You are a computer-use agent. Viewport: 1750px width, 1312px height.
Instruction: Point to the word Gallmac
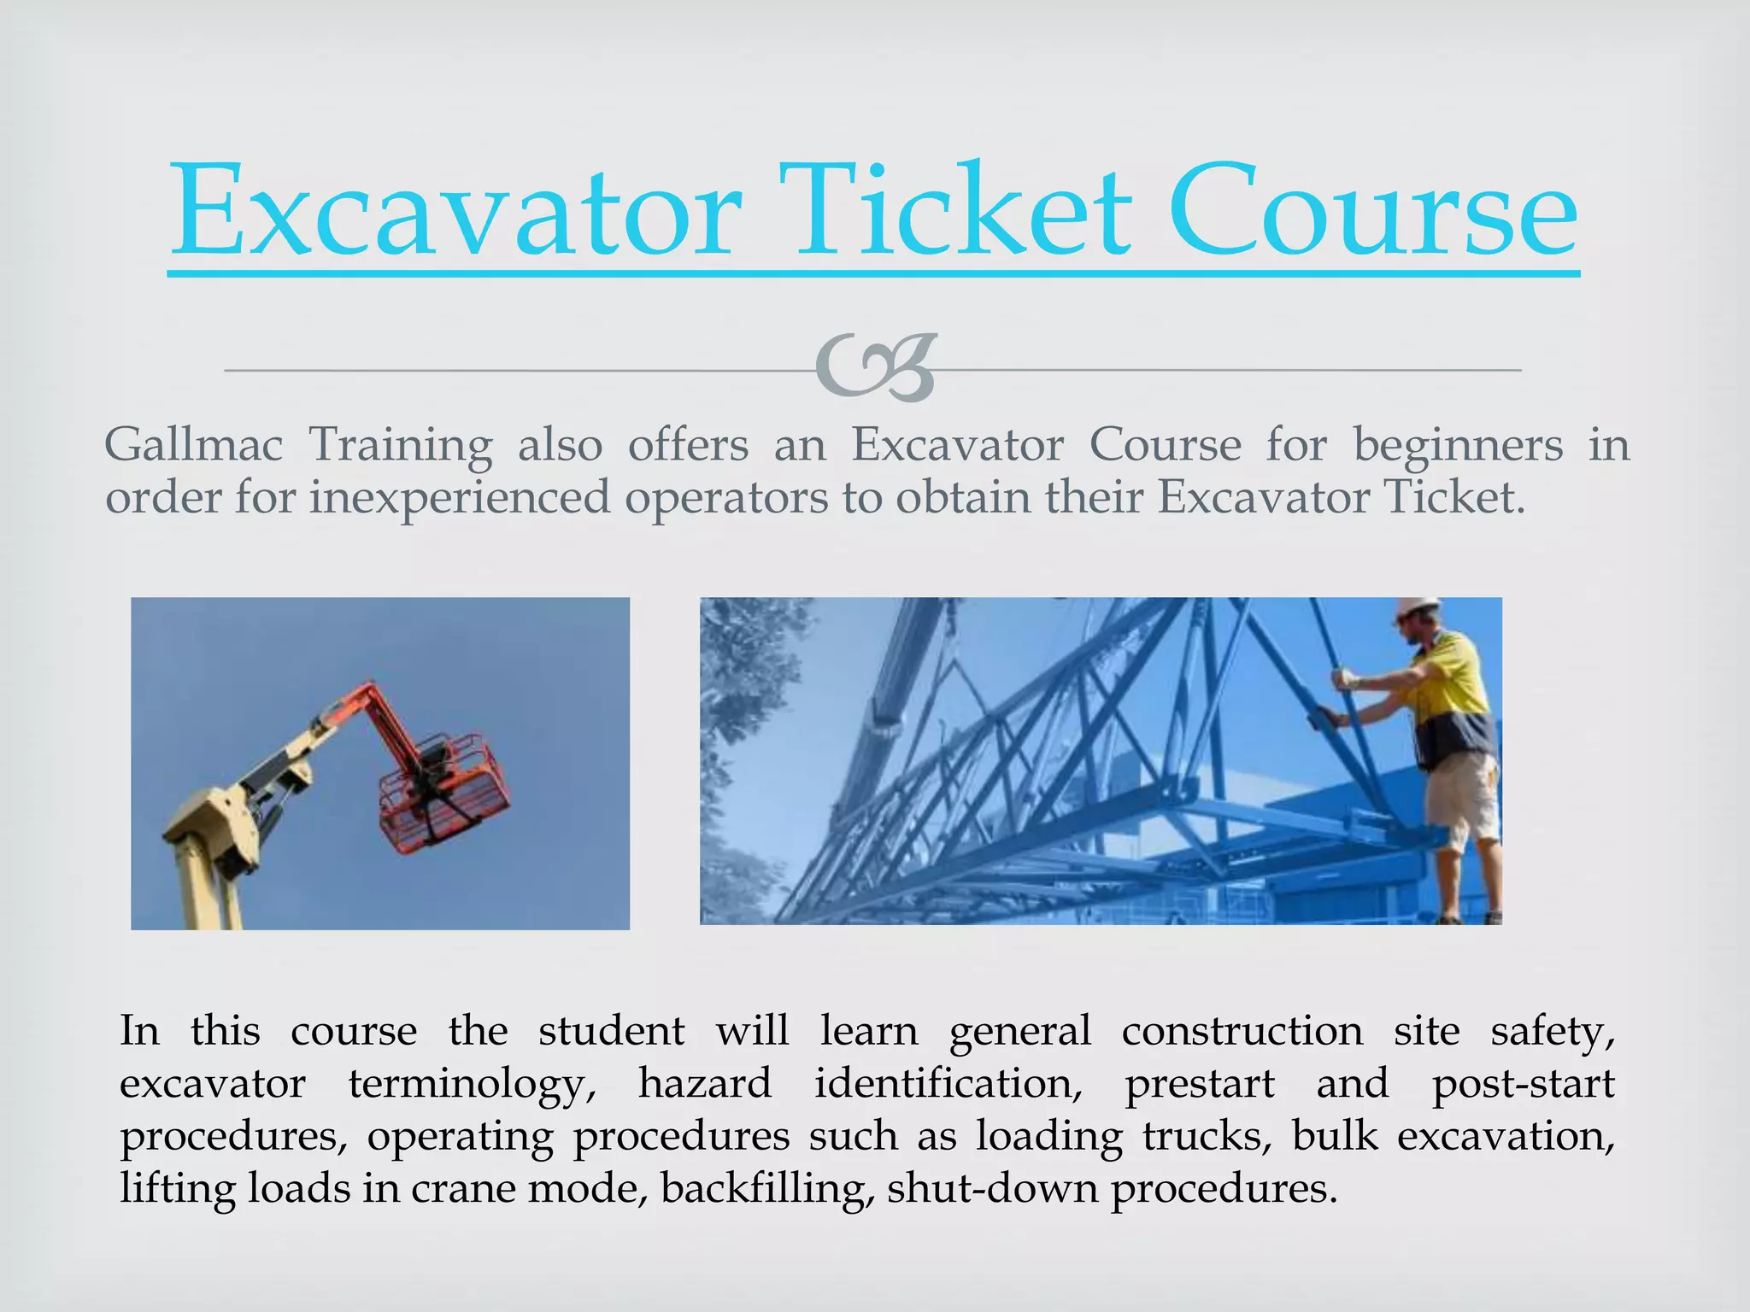click(x=193, y=445)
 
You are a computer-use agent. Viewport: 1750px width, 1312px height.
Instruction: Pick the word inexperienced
click(x=460, y=497)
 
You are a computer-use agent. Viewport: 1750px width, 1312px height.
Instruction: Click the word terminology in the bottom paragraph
click(x=472, y=1084)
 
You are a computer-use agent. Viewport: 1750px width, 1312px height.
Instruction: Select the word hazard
click(x=705, y=1084)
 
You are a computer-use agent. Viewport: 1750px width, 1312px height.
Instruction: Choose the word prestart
click(x=1199, y=1084)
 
